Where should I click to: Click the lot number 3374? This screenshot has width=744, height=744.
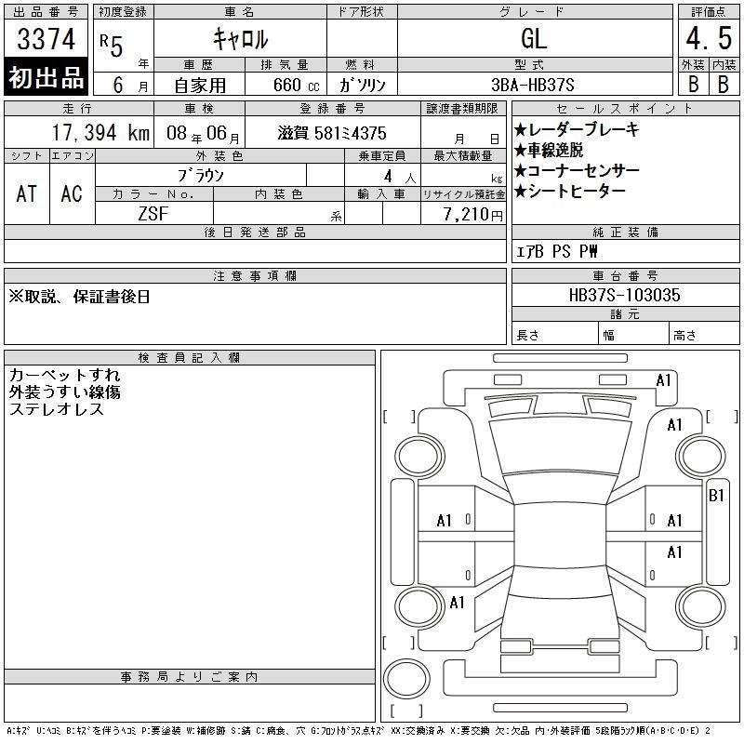[x=46, y=39]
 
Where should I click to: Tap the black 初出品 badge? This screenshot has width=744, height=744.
[x=46, y=77]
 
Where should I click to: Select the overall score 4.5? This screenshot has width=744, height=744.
[x=709, y=38]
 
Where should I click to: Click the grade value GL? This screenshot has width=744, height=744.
[x=534, y=38]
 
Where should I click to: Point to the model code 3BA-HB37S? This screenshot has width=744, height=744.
[x=532, y=85]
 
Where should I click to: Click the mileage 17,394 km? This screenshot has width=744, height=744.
[x=100, y=133]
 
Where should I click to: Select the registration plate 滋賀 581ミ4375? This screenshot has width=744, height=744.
[x=332, y=133]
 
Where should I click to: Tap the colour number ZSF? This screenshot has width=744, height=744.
[x=153, y=214]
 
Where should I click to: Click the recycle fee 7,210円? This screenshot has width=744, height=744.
[x=473, y=215]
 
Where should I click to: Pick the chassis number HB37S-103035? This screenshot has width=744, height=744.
[x=624, y=295]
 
